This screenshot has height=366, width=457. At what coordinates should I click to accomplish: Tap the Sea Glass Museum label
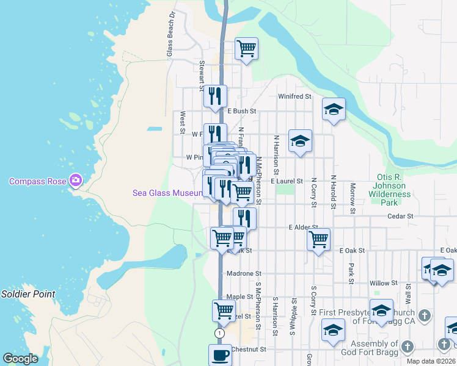point(167,193)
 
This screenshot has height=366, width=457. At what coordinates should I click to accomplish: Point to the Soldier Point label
point(27,294)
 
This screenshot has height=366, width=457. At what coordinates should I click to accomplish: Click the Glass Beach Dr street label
point(171,34)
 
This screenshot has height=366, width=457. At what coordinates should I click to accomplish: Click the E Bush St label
point(241,112)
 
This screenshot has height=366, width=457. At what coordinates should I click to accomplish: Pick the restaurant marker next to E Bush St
point(215,96)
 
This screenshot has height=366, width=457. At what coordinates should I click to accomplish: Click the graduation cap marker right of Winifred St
point(334,109)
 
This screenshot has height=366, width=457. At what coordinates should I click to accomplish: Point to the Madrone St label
point(244,274)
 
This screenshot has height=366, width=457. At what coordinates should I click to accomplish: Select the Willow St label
point(383,283)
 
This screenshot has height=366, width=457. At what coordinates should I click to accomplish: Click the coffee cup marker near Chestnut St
point(220,355)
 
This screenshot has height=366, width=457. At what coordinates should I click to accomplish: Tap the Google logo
point(20,359)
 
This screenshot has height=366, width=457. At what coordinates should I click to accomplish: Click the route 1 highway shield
point(219,333)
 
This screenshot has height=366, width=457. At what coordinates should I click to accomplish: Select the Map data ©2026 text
point(431,361)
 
